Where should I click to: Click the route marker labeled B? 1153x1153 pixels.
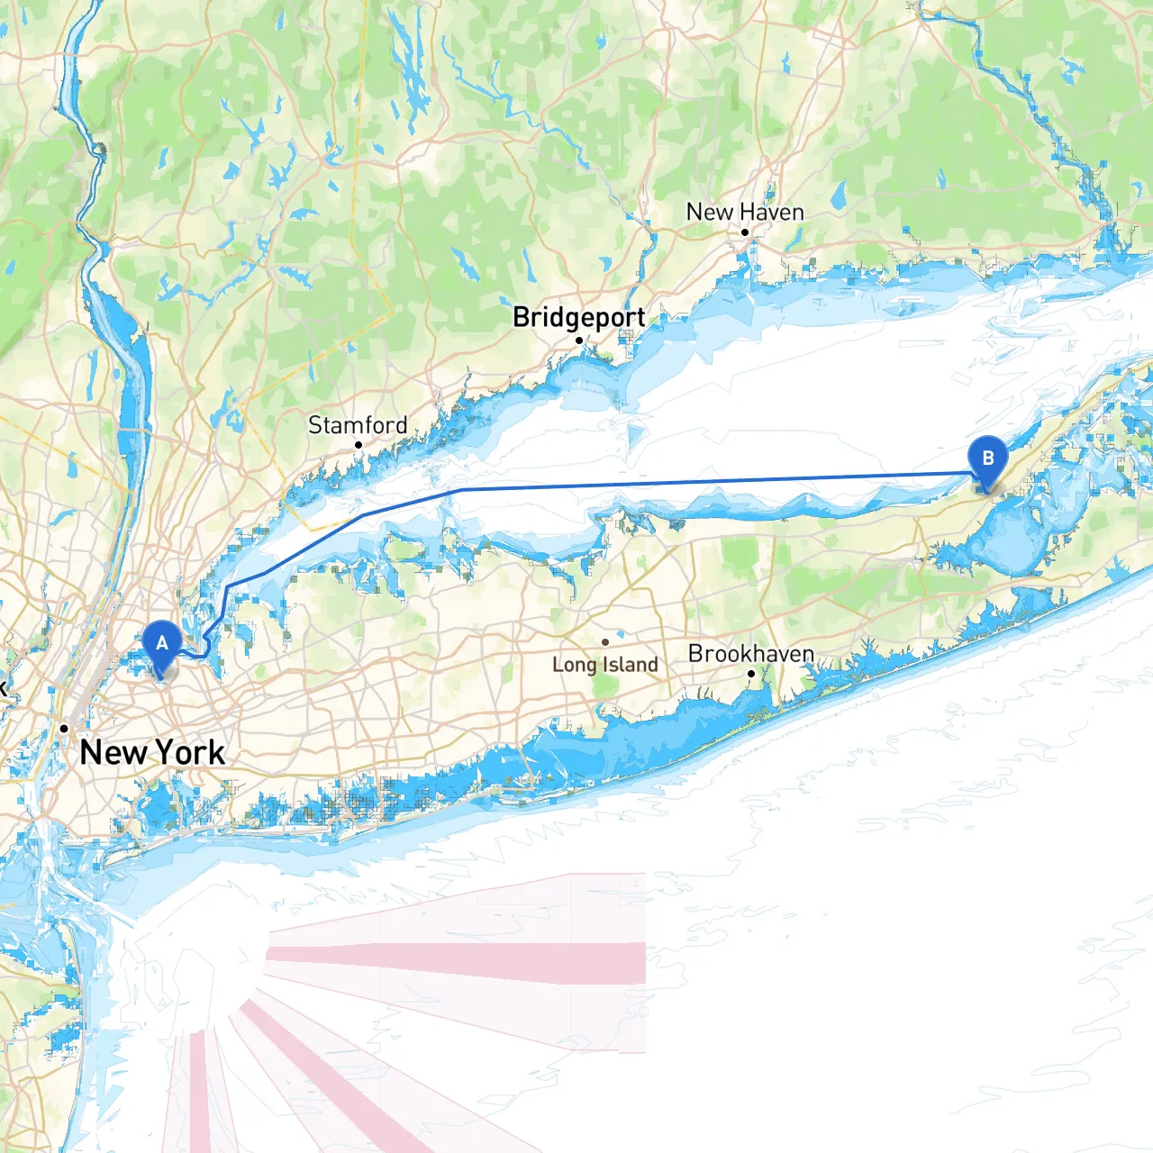(987, 459)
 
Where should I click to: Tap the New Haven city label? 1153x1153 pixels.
(745, 213)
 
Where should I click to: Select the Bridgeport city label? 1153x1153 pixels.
(578, 317)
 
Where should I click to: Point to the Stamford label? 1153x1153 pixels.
(358, 424)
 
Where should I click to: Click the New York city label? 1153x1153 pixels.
(152, 752)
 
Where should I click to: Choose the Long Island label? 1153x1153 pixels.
(604, 665)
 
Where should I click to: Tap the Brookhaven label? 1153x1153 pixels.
(750, 653)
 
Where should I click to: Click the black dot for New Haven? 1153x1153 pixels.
(745, 232)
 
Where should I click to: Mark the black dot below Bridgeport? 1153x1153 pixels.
(579, 340)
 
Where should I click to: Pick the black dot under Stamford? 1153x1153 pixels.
(359, 445)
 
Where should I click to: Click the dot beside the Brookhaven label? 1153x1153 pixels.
(751, 674)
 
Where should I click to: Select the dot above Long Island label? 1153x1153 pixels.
(605, 642)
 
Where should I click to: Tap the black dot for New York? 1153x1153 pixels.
(64, 728)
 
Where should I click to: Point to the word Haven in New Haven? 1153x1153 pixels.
(772, 213)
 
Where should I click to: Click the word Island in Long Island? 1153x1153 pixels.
(631, 665)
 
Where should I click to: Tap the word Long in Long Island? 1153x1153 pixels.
(575, 665)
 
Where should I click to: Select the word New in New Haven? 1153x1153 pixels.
(710, 213)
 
